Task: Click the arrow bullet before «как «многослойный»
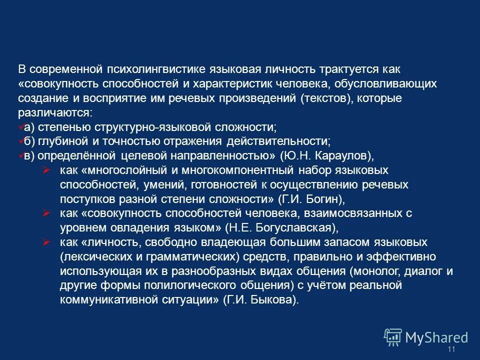(46, 170)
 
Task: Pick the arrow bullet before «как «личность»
(46, 242)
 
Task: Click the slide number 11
(452, 349)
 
